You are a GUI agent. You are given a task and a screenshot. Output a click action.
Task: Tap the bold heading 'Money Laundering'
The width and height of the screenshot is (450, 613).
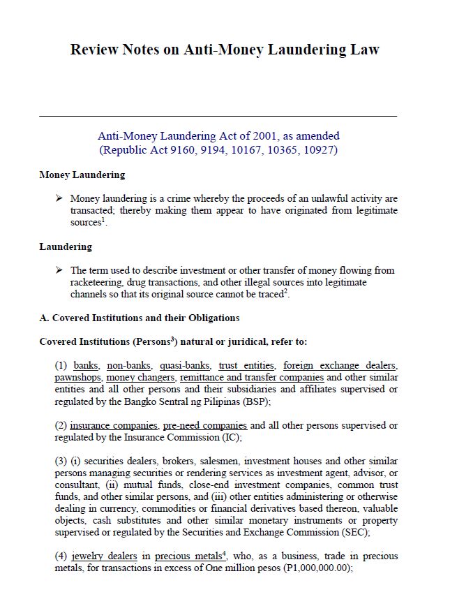[x=82, y=175]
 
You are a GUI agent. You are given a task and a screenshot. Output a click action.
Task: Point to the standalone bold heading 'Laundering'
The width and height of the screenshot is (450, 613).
[x=66, y=246]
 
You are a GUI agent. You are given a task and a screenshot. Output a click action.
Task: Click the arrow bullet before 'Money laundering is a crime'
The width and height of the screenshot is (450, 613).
[x=60, y=199]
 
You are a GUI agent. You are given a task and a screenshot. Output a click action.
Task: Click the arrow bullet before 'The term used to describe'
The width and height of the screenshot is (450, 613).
[x=60, y=270]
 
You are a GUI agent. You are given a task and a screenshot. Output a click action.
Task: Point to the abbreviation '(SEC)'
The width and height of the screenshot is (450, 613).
[x=356, y=533]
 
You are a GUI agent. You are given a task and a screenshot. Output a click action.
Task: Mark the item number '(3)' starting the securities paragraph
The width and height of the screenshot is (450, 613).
[x=62, y=461]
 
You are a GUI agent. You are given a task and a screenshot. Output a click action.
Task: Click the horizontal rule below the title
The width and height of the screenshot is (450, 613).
[x=218, y=116]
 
